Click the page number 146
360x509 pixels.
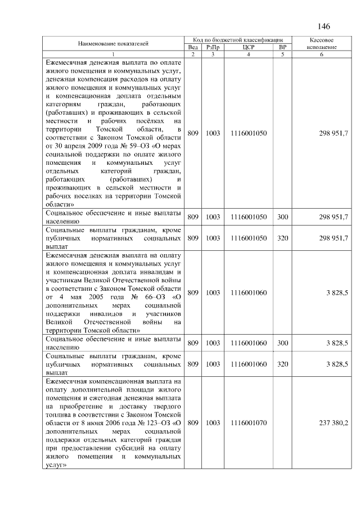[x=323, y=26]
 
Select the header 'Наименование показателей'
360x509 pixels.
[x=113, y=43]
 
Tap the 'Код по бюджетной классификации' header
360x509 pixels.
[x=237, y=40]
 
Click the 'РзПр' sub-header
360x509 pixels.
[x=213, y=47]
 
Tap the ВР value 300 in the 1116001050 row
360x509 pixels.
[x=282, y=217]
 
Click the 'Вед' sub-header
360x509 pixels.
[x=193, y=47]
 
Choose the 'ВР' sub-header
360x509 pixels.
[x=282, y=47]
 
